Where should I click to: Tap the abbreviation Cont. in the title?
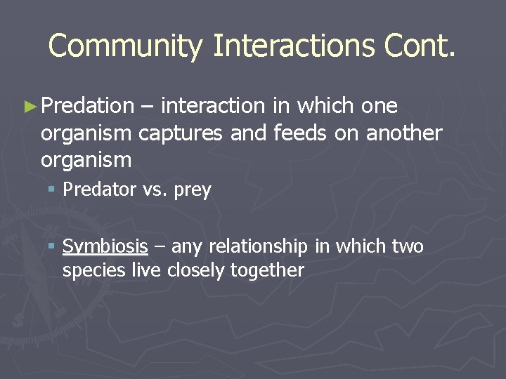[420, 46]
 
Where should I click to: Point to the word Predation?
[87, 106]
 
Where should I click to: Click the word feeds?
[299, 133]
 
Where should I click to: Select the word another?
[404, 133]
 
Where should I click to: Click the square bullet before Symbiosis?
[52, 246]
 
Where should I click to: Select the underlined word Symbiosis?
[105, 247]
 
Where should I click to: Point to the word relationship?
[257, 247]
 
